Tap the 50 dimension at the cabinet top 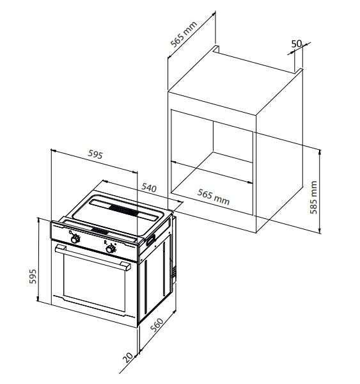(x=296, y=44)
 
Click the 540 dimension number (x=149, y=188)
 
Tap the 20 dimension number (x=129, y=356)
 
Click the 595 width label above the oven (x=95, y=154)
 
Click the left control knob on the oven (x=75, y=238)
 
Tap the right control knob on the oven (x=111, y=248)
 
